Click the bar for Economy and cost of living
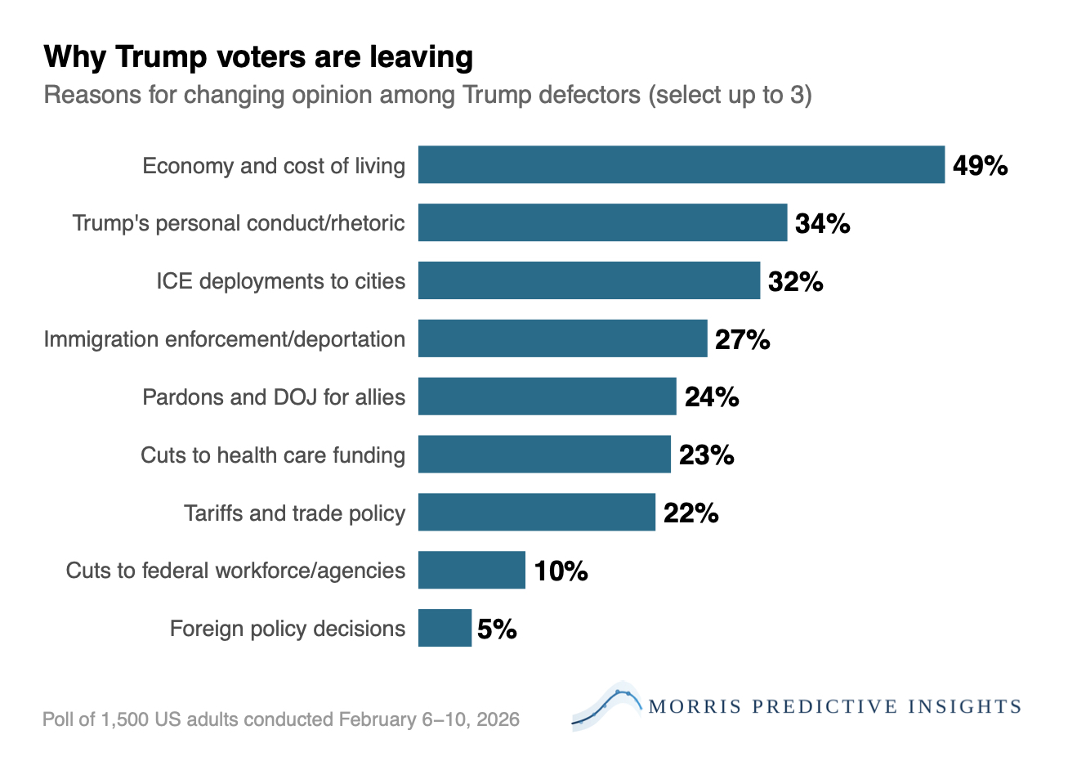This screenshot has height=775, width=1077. pos(681,164)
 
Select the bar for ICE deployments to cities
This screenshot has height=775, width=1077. pos(588,280)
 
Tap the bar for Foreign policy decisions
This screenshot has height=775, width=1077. pos(445,628)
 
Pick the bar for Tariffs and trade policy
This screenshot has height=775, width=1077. pos(536,512)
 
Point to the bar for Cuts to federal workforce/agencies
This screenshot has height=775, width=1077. pos(471,570)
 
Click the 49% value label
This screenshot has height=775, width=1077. pos(980,166)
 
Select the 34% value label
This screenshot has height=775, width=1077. pos(822,223)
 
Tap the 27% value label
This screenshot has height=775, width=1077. pos(742,339)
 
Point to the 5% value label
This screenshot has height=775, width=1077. pos(497,629)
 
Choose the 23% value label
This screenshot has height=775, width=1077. pos(706,455)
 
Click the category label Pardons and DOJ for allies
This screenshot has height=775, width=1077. pos(274,397)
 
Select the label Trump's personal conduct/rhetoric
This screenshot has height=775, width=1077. pos(239,223)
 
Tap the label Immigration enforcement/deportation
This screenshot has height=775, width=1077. pos(225,339)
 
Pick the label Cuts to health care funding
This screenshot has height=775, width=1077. pos(273,455)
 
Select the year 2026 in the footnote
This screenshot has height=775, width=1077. pos(498,719)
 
